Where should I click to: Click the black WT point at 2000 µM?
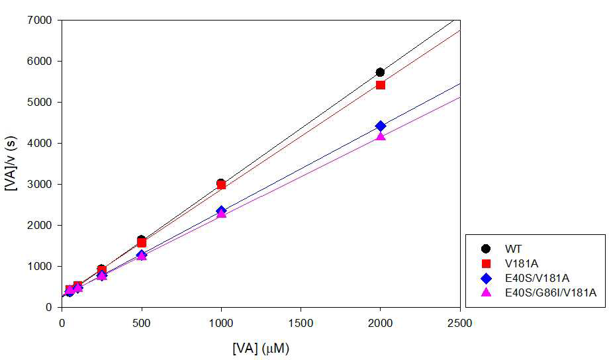[x=380, y=72]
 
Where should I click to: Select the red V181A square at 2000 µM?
[x=381, y=85]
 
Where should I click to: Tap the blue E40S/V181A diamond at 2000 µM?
[x=381, y=126]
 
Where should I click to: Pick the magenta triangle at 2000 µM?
[x=381, y=136]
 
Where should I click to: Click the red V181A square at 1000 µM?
[x=221, y=185]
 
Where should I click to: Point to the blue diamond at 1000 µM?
[x=221, y=211]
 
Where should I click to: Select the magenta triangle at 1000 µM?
[x=221, y=213]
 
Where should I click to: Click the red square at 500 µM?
[x=142, y=243]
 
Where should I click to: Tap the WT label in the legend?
[x=513, y=249]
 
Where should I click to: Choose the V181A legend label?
[x=522, y=263]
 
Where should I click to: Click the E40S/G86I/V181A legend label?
[x=550, y=292]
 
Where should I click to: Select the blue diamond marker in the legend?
[x=486, y=278]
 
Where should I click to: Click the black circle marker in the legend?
[x=486, y=249]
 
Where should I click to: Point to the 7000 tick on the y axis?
[x=40, y=20]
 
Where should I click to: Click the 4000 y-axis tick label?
[x=40, y=144]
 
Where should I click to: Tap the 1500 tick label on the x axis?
[x=301, y=323]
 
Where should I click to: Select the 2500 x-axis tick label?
[x=460, y=323]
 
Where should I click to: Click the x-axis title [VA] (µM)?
[x=261, y=348]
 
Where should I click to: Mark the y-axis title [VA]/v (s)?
[x=11, y=163]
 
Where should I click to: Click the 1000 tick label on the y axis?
[x=40, y=267]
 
